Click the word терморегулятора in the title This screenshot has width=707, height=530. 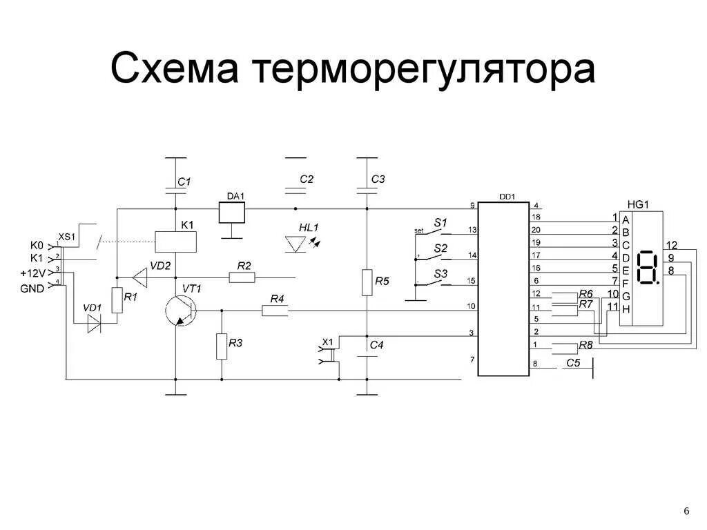coord(425,70)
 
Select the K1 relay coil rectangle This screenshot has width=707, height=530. coord(176,242)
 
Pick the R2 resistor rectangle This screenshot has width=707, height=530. coord(242,277)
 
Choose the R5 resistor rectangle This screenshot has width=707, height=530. coord(367,282)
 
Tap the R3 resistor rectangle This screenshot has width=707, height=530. coord(222,346)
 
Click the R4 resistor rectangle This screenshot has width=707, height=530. coord(275,311)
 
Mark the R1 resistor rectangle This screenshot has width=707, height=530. coord(117,300)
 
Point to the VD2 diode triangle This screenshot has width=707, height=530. coord(141,277)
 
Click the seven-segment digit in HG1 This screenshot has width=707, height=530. coord(648,268)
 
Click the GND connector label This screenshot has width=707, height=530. coord(32,288)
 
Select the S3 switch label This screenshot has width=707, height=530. coord(440,274)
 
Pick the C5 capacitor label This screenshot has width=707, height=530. coord(573,362)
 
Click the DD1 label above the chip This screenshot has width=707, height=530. coord(507,197)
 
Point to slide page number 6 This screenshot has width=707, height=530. coord(686,511)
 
